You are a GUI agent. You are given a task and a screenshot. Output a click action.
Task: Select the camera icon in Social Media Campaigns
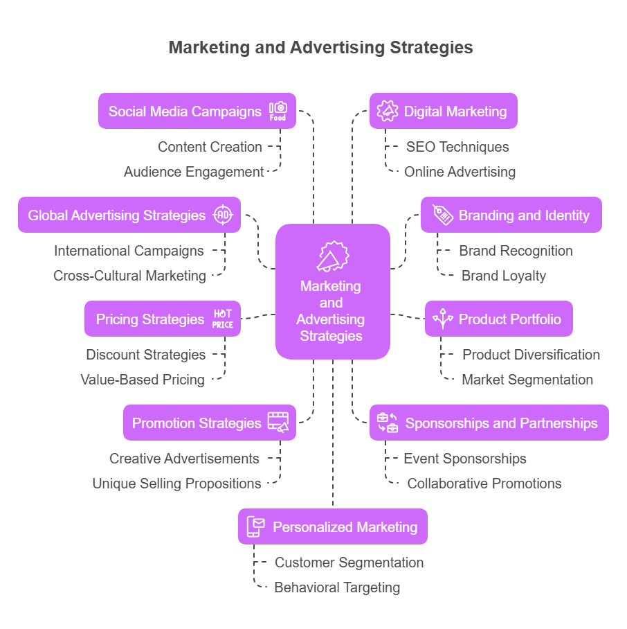pos(278,111)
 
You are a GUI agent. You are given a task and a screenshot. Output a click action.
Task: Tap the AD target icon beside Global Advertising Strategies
pos(223,215)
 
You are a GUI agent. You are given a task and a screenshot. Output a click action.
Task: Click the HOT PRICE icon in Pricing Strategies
pos(223,319)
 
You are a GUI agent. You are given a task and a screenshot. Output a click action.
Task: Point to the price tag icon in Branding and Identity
pos(443,215)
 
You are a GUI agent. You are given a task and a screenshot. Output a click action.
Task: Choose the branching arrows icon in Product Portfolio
pos(443,319)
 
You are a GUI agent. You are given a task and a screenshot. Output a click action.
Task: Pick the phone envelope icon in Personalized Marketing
pos(256,526)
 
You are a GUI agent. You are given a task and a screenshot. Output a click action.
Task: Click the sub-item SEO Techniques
pos(457,147)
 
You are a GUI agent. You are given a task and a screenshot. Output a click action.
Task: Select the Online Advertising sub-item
pos(460,172)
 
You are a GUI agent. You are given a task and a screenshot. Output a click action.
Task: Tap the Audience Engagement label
pos(194,172)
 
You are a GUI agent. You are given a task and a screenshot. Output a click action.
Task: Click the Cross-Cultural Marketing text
pos(130,276)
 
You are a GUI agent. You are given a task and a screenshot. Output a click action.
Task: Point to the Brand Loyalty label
pos(504,276)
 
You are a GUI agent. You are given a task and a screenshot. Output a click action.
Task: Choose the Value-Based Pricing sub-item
pos(143,380)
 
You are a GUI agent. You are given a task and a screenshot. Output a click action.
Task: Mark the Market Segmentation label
pos(527,380)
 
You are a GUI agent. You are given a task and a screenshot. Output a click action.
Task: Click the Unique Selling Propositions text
pos(177,484)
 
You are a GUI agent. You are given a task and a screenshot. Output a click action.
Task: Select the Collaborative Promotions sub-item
pos(484,484)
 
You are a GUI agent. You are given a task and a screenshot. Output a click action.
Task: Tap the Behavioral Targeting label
pos(337,587)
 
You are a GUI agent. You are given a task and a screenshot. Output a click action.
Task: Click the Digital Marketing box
pos(443,111)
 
